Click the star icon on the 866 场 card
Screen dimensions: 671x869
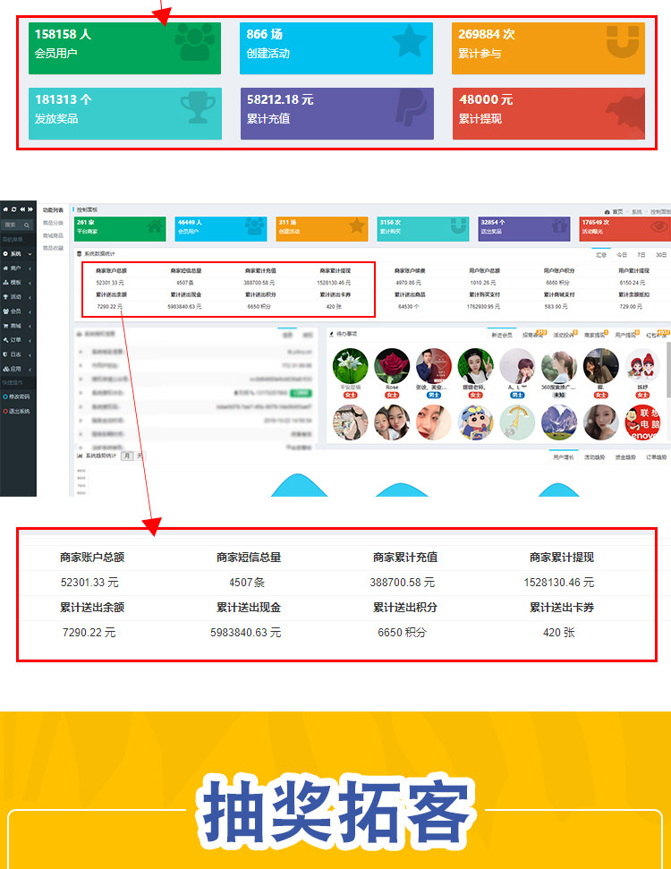coord(409,41)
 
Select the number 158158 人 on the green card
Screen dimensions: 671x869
coord(64,34)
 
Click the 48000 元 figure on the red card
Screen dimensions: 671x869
coord(486,99)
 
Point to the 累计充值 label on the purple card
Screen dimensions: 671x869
coord(268,118)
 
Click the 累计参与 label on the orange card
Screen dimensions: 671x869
coord(480,54)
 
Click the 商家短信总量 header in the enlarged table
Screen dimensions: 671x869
coord(249,557)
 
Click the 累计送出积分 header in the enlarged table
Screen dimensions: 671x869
coord(405,608)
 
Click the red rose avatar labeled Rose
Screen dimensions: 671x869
coord(392,366)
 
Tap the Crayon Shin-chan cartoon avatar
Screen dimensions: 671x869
coord(475,422)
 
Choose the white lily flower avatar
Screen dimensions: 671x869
coord(350,366)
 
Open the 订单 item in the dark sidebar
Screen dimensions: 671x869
coord(15,339)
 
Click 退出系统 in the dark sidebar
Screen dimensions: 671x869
coord(17,411)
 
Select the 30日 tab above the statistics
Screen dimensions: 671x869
coord(661,254)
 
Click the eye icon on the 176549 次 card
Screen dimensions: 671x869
coord(658,226)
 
